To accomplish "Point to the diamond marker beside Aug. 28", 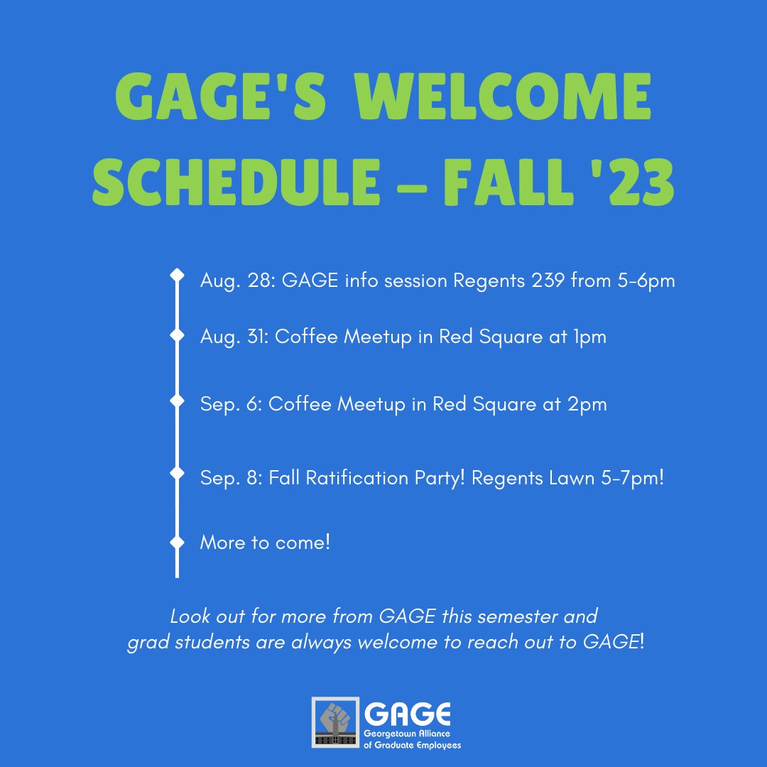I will (177, 275).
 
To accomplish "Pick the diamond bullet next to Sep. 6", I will (177, 401).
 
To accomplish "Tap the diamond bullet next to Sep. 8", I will (177, 472).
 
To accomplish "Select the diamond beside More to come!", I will (177, 542).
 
